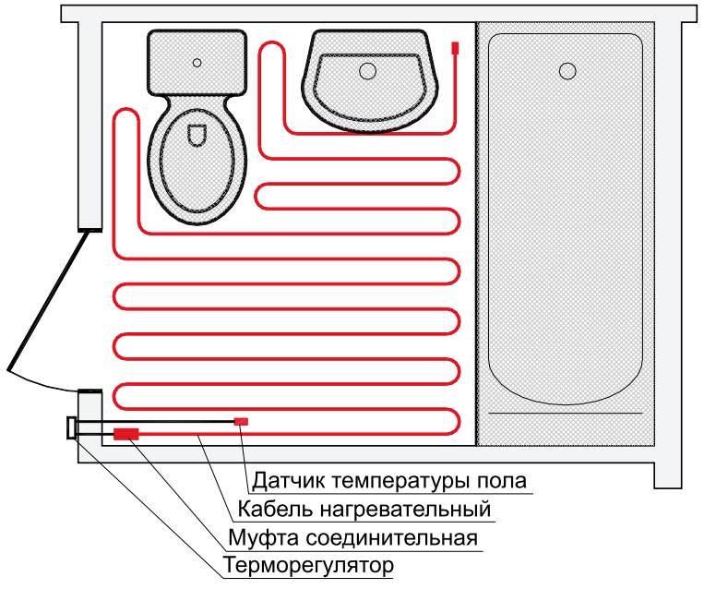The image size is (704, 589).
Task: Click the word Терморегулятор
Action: click(310, 565)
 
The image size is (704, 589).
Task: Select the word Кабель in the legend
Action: click(268, 510)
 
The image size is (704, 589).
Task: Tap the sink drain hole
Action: click(367, 69)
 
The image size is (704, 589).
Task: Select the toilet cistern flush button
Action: click(197, 63)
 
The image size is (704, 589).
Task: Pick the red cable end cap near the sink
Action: click(455, 48)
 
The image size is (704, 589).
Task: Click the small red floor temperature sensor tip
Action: click(241, 421)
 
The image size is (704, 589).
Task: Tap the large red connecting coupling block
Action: click(126, 432)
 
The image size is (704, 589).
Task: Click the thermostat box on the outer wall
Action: click(71, 429)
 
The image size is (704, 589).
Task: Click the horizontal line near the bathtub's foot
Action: click(565, 412)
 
